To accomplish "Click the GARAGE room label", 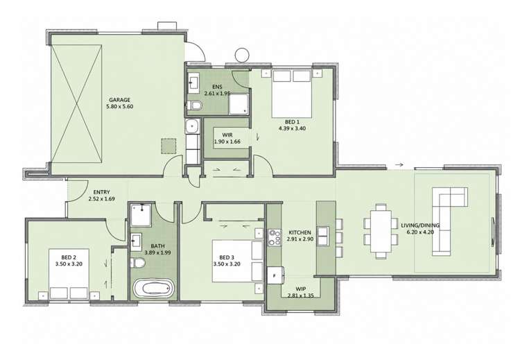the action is click(x=119, y=100).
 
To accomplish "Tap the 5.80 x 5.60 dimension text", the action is click(x=119, y=107).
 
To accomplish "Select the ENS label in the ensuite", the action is click(x=217, y=87).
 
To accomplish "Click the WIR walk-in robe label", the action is click(x=227, y=135).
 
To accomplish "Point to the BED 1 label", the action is click(x=292, y=122).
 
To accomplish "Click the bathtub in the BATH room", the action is click(x=153, y=288).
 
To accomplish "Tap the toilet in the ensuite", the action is click(x=194, y=106).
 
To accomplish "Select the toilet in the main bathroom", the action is click(x=138, y=263).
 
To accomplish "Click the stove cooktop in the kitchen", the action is click(x=275, y=237).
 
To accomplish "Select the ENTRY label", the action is click(x=101, y=192).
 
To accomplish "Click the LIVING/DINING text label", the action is click(x=420, y=225).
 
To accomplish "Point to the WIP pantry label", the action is click(x=301, y=289).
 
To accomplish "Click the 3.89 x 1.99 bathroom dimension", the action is click(x=157, y=252).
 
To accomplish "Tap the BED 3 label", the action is click(x=227, y=257).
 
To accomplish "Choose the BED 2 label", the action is click(x=69, y=257).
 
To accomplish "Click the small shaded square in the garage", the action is click(x=168, y=146).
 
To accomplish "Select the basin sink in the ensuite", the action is click(x=193, y=85).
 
